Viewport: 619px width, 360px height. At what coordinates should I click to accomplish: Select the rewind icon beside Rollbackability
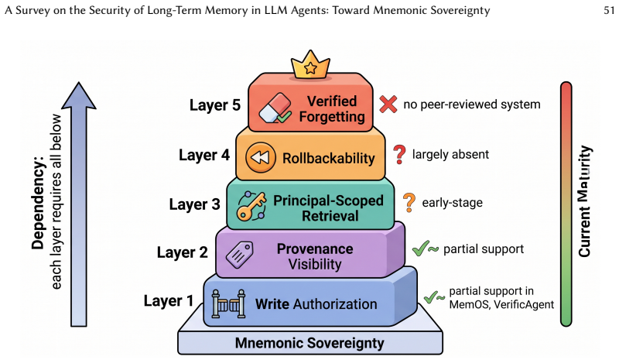point(260,157)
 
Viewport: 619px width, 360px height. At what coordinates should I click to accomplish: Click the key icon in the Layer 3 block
point(251,206)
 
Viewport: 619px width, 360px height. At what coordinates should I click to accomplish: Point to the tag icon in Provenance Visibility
point(239,255)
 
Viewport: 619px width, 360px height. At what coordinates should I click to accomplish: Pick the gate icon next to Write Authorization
point(228,303)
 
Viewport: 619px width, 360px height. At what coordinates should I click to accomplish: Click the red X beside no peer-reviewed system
point(388,104)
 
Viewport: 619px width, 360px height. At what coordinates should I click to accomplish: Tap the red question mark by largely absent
point(399,155)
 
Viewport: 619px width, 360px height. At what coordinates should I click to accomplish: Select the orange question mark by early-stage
point(409,202)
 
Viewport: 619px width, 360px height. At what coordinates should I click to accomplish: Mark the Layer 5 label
point(215,105)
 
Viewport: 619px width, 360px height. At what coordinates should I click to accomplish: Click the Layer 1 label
point(169,300)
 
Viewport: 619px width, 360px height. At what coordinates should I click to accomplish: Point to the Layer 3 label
point(195,204)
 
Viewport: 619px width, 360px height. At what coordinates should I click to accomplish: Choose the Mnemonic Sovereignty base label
point(309,343)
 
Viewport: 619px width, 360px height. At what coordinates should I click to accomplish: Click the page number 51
point(609,10)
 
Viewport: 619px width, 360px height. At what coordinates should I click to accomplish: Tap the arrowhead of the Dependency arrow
point(79,95)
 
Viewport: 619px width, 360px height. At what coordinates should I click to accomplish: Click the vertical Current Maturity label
point(585,201)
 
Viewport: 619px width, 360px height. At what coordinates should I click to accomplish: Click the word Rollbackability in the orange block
point(328,158)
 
